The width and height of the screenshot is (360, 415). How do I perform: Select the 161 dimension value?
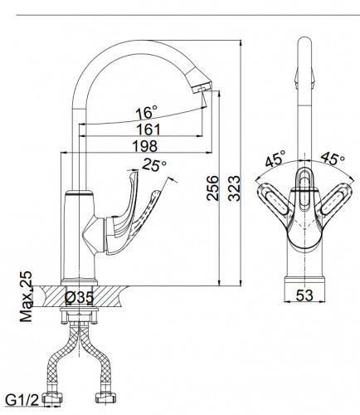148,129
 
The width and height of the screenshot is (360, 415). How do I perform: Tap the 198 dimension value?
145,146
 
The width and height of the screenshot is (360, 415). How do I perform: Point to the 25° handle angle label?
154,165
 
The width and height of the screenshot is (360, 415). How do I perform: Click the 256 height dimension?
213,188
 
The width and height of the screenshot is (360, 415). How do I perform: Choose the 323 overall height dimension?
234,188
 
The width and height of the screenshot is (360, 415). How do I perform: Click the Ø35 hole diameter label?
79,297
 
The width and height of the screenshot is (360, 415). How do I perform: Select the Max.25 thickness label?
26,296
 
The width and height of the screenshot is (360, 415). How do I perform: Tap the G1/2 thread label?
22,400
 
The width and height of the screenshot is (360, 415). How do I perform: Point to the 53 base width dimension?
304,295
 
